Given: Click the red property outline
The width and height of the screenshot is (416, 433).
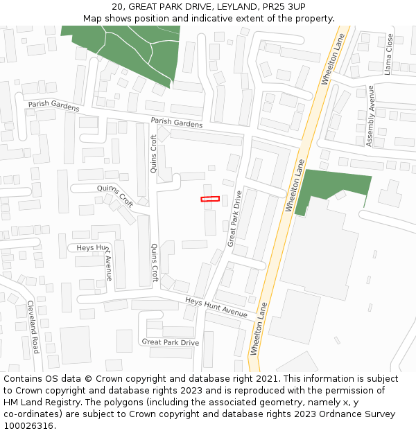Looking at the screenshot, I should point(210,200).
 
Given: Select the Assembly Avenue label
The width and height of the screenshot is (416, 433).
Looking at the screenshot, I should point(370,116).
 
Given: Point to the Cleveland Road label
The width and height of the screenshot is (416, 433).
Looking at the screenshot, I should point(33,326).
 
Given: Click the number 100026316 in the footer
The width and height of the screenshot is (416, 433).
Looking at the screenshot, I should point(28,425).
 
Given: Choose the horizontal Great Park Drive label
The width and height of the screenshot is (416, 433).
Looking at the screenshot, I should point(170,342).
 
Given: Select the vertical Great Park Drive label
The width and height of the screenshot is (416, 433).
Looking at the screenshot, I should point(234,218).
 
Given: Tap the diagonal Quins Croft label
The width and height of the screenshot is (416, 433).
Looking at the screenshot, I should point(115,195).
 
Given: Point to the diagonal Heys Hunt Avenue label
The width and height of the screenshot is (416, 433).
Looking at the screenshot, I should point(216,307).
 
